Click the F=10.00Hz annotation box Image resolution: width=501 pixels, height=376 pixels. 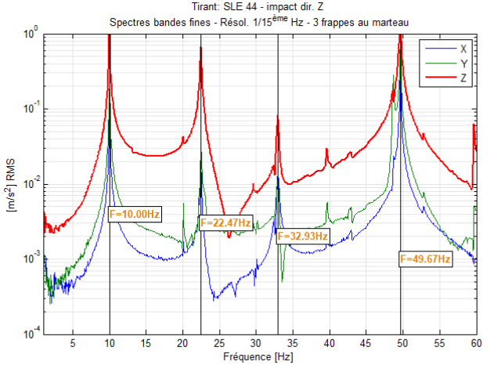pyautogui.click(x=135, y=213)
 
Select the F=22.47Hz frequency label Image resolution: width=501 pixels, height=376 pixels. pyautogui.click(x=226, y=223)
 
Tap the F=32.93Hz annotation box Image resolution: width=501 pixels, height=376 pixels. pyautogui.click(x=303, y=235)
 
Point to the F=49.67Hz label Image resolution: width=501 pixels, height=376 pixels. pyautogui.click(x=425, y=258)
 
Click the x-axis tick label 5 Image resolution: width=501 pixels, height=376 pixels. pyautogui.click(x=73, y=343)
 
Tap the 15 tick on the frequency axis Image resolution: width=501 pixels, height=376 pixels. pyautogui.click(x=146, y=343)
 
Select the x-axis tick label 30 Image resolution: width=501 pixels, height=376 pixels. pyautogui.click(x=256, y=343)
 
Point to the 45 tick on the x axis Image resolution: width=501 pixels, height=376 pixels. pyautogui.click(x=366, y=343)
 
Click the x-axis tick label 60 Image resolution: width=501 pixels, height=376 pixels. pyautogui.click(x=474, y=343)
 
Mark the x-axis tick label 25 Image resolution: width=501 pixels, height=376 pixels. pyautogui.click(x=219, y=343)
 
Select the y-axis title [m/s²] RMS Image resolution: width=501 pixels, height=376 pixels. pyautogui.click(x=12, y=184)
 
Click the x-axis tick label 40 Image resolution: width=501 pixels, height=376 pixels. pyautogui.click(x=329, y=343)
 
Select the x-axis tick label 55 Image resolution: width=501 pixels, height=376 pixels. pyautogui.click(x=438, y=343)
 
